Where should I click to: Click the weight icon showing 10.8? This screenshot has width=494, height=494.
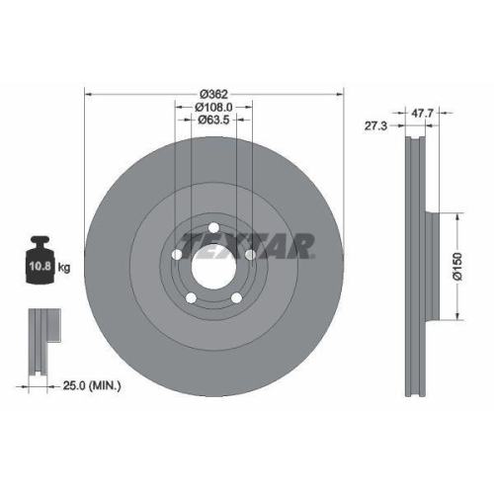[41, 264]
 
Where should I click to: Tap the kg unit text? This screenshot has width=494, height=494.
[65, 268]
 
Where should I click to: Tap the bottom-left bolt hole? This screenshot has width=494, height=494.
[190, 297]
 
